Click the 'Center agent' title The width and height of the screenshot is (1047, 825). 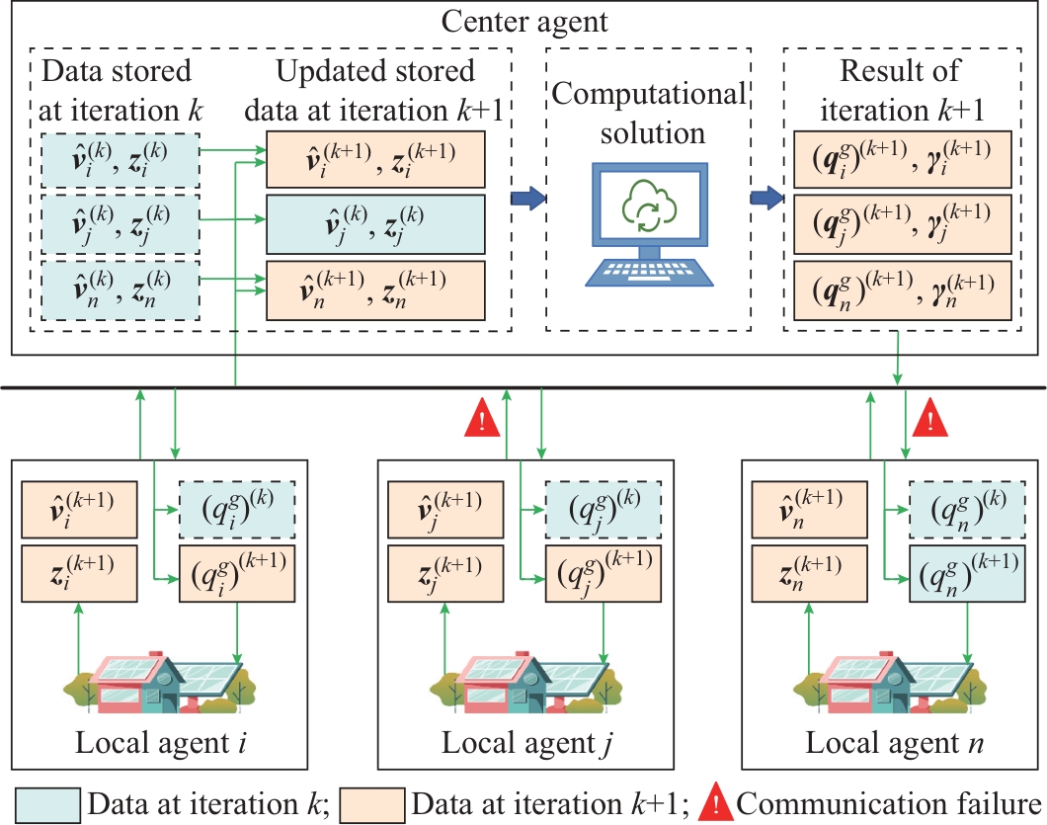[523, 20]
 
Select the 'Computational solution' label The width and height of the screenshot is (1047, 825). [647, 113]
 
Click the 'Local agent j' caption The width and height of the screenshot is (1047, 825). [523, 742]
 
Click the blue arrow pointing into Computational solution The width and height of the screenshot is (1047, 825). [527, 199]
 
